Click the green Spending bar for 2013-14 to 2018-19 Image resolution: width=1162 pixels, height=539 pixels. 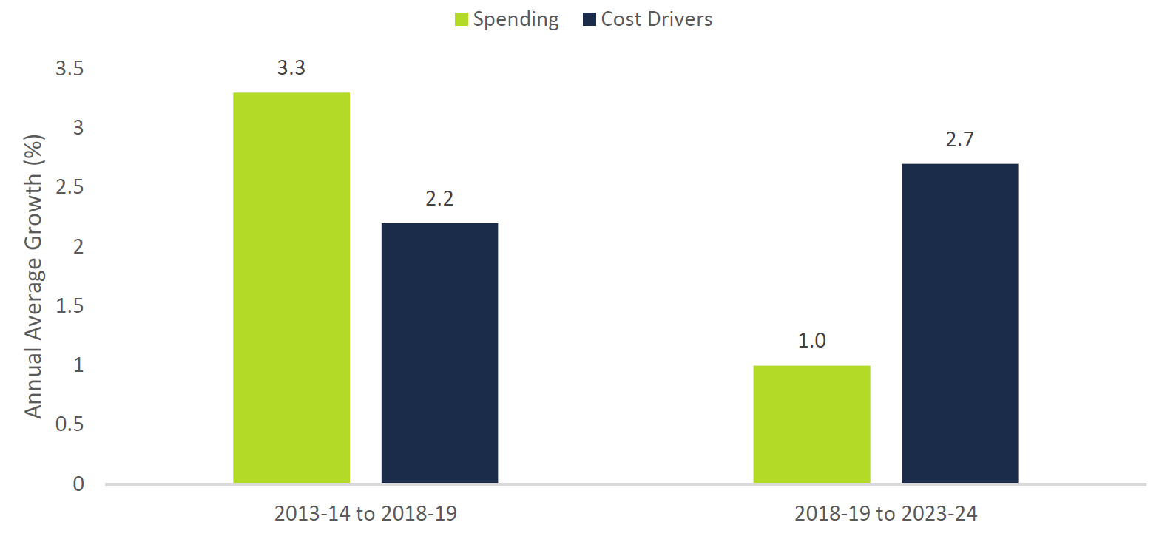291,288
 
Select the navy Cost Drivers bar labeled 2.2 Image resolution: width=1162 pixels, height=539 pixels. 439,353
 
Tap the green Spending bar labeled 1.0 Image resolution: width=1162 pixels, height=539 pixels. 811,424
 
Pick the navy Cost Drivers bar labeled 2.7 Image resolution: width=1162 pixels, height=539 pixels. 959,323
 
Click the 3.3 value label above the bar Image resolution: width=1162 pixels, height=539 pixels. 291,68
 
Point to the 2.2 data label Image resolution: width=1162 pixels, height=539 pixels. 439,199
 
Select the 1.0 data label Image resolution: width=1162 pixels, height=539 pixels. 811,341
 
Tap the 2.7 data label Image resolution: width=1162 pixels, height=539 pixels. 959,140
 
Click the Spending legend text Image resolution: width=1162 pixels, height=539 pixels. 516,19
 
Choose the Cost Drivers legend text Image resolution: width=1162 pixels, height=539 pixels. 657,19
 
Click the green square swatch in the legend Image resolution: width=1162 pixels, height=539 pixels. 462,19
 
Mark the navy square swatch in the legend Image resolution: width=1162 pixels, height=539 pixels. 590,19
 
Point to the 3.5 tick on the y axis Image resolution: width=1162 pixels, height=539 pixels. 70,69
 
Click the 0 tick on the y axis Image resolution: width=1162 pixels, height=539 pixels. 78,484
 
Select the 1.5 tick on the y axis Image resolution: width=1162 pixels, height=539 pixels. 70,306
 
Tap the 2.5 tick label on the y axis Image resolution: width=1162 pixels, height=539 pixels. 70,187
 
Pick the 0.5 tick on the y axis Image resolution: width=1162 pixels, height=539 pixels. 70,424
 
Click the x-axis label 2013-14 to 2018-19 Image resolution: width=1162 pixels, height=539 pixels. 365,514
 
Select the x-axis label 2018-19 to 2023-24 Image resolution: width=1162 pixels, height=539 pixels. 885,514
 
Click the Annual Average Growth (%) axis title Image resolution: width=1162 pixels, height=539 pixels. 33,277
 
